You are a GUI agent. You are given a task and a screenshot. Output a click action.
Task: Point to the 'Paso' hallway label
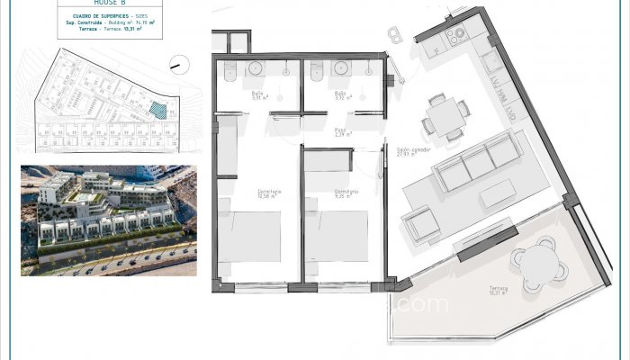pos(342,132)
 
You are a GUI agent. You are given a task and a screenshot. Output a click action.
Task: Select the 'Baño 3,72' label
pos(341,95)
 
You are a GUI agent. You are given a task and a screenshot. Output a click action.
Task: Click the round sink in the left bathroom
pos(255,68)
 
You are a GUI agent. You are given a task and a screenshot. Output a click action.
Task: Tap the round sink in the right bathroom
pos(341,68)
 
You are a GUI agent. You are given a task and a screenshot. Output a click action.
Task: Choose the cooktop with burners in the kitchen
pos(455,34)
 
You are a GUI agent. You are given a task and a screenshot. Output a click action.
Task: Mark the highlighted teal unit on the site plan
pos(158,110)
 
